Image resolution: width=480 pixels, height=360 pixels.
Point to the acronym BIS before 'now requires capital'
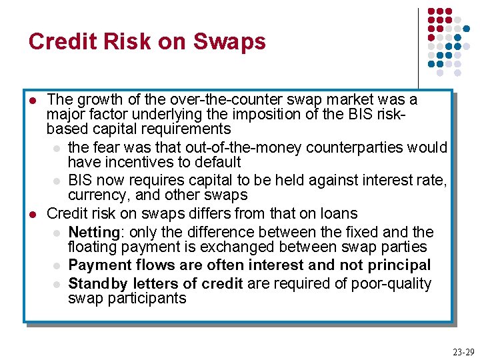(x=81, y=180)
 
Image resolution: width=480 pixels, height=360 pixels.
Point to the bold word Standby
(x=98, y=283)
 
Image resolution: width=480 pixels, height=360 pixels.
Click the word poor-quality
(x=394, y=283)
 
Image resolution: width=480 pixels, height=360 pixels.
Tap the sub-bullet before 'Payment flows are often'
(x=57, y=265)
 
